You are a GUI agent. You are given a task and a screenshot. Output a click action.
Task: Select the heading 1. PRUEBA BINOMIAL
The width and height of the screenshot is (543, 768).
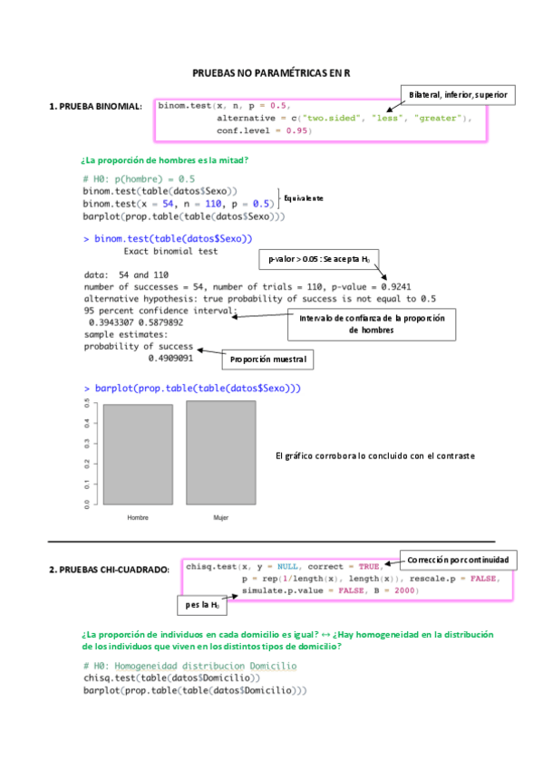click(94, 107)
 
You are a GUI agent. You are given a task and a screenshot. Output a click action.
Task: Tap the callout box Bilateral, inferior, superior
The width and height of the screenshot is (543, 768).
click(457, 94)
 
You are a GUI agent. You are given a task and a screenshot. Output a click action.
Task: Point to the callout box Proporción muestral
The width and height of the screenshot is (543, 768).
click(267, 360)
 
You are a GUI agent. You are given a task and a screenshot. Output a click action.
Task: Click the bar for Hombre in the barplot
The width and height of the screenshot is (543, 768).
click(138, 455)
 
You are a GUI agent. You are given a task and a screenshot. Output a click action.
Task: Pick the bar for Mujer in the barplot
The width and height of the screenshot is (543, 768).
click(220, 453)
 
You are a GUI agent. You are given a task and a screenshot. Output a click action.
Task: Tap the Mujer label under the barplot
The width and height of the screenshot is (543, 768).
click(220, 518)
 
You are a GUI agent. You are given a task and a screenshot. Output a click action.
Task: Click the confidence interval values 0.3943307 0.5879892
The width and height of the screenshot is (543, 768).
click(136, 322)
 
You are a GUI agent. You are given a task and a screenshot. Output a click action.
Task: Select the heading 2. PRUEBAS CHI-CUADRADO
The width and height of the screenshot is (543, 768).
click(109, 570)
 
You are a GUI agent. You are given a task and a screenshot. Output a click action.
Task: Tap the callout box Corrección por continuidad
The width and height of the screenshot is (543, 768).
click(461, 559)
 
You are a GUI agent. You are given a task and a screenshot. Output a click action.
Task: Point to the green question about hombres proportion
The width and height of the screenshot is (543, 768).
click(164, 160)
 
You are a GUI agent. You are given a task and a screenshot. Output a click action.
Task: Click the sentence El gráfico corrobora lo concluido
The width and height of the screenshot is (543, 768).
click(374, 456)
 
